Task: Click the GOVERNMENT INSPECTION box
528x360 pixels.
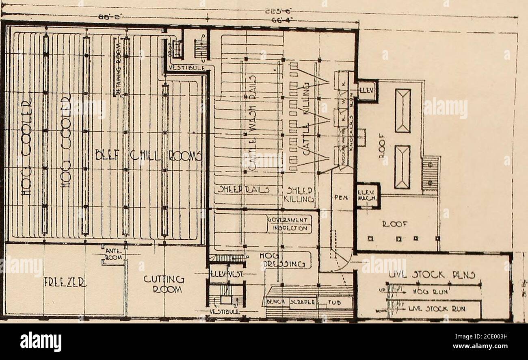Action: coord(290,224)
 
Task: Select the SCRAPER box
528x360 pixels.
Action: coord(302,302)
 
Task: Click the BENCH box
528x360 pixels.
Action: coord(276,302)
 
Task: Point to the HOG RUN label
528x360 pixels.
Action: coord(425,291)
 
